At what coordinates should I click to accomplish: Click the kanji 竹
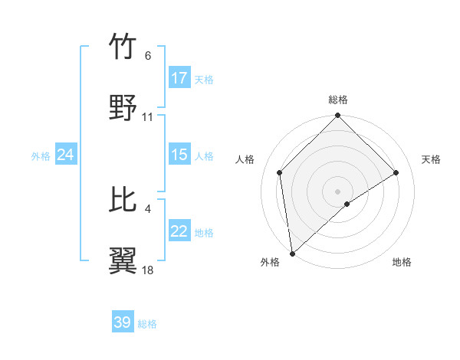point(123,47)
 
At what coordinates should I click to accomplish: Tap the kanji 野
point(123,108)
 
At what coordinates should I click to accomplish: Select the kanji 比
point(123,200)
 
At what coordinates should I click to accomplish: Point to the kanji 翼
point(123,261)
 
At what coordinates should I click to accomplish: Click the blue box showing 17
point(179,78)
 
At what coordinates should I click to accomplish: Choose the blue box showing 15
point(179,155)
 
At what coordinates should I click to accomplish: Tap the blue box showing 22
point(179,232)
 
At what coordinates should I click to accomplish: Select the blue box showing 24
point(66,155)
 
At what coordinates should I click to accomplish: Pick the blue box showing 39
point(123,322)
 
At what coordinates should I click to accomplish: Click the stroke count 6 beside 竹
point(147,56)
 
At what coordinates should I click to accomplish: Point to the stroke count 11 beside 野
point(148,117)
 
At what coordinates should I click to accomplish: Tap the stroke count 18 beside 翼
point(148,270)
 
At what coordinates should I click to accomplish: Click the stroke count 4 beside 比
point(147,208)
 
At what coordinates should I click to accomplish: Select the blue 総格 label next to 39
point(147,324)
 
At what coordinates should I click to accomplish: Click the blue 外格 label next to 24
point(41,155)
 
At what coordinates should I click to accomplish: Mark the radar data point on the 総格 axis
point(337,116)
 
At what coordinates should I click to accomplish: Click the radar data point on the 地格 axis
point(347,204)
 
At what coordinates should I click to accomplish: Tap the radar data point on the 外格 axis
point(292,253)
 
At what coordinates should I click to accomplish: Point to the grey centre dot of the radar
point(337,190)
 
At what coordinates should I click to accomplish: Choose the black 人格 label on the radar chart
point(246,159)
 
